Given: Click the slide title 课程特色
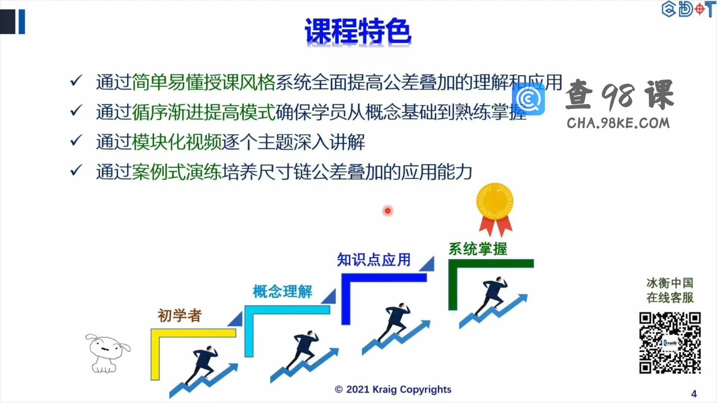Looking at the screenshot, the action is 358,31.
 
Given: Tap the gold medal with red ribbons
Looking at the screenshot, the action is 495,209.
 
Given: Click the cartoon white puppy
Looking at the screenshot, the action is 107,353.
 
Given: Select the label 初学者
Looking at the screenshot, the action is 180,316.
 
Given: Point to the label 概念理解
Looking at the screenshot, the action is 283,291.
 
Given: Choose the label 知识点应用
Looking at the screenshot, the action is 374,260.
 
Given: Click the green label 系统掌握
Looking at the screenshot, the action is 478,249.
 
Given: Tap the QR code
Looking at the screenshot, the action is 670,343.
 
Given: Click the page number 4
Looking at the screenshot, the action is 694,394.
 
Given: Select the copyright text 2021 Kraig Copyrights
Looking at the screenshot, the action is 393,390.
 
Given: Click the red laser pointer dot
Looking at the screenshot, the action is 388,211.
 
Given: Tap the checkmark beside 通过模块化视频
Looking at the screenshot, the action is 76,141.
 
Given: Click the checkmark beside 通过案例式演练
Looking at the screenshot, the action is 76,171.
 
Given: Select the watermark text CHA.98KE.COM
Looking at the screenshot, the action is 618,123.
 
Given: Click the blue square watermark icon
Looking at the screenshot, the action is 528,99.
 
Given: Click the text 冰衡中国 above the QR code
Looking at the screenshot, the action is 670,283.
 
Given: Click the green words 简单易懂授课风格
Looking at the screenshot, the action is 204,82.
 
